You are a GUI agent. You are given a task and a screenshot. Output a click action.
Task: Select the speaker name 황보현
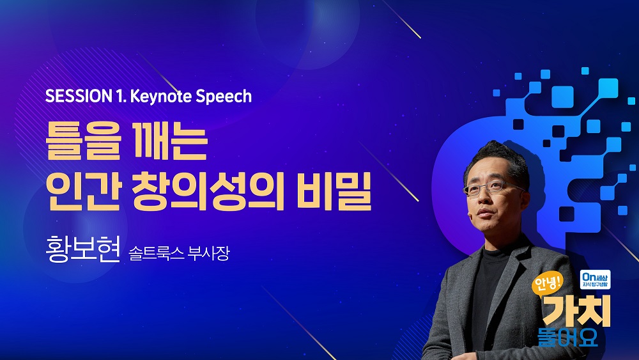coord(82,249)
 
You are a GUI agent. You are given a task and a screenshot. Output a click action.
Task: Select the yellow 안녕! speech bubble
coord(548,283)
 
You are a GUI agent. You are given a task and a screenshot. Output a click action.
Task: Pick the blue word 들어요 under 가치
coord(567,338)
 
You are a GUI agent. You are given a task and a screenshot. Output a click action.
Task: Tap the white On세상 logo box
coord(596,279)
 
